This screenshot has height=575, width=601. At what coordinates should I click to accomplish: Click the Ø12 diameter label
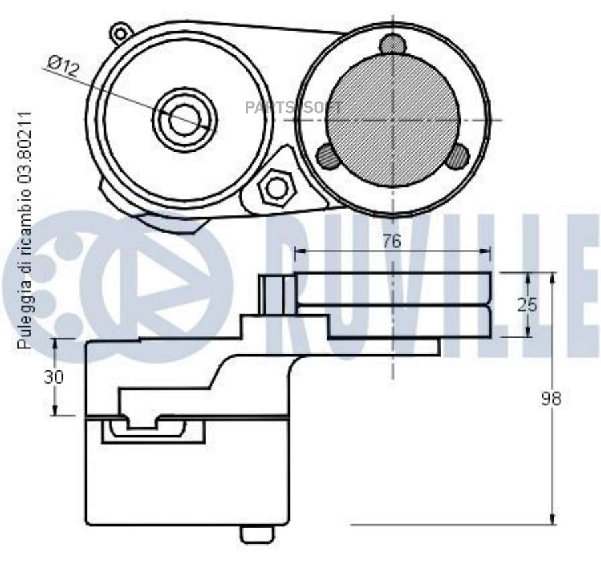click(x=64, y=66)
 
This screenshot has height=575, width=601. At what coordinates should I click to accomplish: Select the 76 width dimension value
click(x=392, y=241)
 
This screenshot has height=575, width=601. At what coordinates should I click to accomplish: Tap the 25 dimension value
click(x=527, y=305)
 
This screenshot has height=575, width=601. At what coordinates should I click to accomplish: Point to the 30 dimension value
click(x=53, y=377)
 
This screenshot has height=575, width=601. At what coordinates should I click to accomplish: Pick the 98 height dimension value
click(x=551, y=398)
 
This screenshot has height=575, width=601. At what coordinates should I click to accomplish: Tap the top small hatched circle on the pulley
click(x=393, y=44)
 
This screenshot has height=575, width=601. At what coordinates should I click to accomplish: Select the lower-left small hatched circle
click(x=327, y=156)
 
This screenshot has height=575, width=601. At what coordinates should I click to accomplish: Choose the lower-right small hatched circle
click(x=458, y=156)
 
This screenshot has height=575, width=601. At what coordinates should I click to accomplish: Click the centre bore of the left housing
click(x=185, y=120)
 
